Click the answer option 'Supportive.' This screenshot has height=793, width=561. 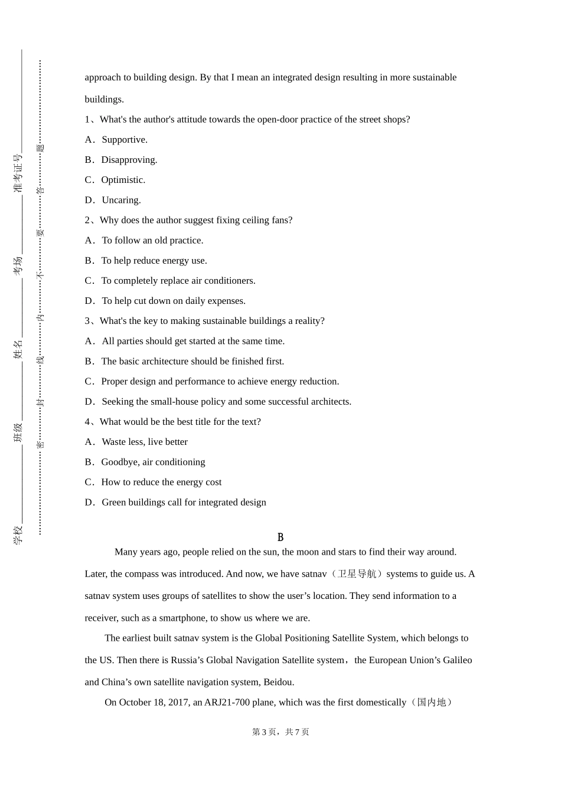(124, 140)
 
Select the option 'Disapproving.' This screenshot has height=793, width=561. (129, 160)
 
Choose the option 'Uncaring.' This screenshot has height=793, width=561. (121, 200)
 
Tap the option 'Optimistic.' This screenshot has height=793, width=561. (123, 180)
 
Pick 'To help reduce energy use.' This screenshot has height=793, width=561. (154, 261)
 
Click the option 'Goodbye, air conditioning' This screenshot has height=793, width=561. (153, 462)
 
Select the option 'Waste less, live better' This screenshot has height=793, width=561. (145, 442)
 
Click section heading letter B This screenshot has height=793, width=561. (280, 538)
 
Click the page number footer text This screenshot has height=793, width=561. (280, 732)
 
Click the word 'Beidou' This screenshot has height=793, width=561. (278, 682)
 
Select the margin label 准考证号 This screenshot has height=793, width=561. (18, 173)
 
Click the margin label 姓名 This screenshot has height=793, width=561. (18, 349)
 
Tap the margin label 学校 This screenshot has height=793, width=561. (18, 535)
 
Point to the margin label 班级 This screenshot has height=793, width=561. (18, 432)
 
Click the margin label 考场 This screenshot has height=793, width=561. (18, 265)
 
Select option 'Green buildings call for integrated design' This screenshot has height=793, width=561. (184, 503)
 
